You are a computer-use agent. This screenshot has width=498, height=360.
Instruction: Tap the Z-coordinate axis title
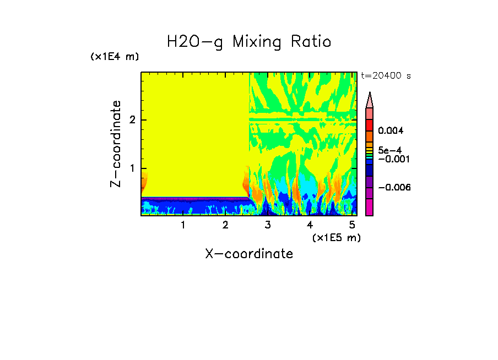[116, 144]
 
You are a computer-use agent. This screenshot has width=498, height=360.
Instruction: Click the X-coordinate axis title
[249, 254]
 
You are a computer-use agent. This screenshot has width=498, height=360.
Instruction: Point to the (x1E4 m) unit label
[115, 57]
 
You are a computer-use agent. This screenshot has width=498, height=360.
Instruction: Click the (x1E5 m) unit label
[336, 237]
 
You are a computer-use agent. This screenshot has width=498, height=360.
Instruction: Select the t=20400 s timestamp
[386, 76]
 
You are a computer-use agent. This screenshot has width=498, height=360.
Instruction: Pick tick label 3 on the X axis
[268, 225]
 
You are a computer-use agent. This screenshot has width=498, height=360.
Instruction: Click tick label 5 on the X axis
[352, 225]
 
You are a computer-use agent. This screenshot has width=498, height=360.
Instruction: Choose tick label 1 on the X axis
[183, 225]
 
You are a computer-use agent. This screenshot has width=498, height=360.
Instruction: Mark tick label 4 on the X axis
[310, 225]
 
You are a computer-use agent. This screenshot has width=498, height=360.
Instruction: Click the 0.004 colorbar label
[391, 131]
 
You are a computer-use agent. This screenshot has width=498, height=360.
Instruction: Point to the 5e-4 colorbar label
[390, 150]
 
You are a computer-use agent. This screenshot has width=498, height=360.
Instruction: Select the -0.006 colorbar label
[394, 187]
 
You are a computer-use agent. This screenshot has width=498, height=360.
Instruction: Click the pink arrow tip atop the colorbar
[370, 99]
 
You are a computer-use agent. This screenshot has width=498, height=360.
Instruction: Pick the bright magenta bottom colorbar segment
[370, 207]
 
